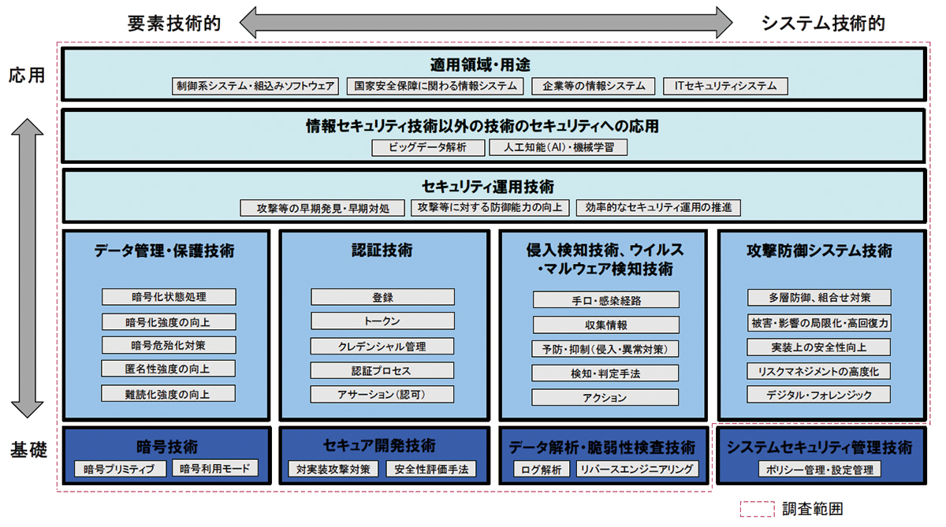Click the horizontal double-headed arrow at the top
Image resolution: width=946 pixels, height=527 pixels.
point(486,23)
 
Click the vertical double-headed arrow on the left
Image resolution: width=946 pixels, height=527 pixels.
point(27,268)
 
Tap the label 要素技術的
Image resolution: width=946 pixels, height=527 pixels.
point(174,24)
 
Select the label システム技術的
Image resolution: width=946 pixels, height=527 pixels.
point(823,24)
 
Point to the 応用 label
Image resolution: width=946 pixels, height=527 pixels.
point(27,76)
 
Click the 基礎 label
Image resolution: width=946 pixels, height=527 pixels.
point(28,450)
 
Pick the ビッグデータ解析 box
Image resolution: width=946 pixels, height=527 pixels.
point(428,147)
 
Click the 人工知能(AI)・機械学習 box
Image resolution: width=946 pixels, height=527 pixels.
point(558,147)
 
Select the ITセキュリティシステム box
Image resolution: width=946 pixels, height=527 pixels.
point(725,86)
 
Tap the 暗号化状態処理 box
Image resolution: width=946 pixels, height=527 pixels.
point(169,297)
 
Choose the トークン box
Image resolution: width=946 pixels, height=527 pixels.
point(382,321)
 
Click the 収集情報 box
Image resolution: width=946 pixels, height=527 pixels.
point(605,325)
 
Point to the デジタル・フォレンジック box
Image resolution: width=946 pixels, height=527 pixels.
point(819,395)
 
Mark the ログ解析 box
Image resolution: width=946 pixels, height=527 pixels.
point(542,469)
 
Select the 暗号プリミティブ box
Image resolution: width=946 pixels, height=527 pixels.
point(120,469)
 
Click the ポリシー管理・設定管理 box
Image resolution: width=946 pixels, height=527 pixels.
point(820,469)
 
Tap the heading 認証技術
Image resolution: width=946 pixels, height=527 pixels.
point(382,251)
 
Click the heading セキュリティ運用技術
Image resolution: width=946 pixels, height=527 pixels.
point(488,187)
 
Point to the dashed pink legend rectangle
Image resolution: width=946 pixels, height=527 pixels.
point(758,509)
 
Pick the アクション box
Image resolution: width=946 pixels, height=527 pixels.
point(605,398)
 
